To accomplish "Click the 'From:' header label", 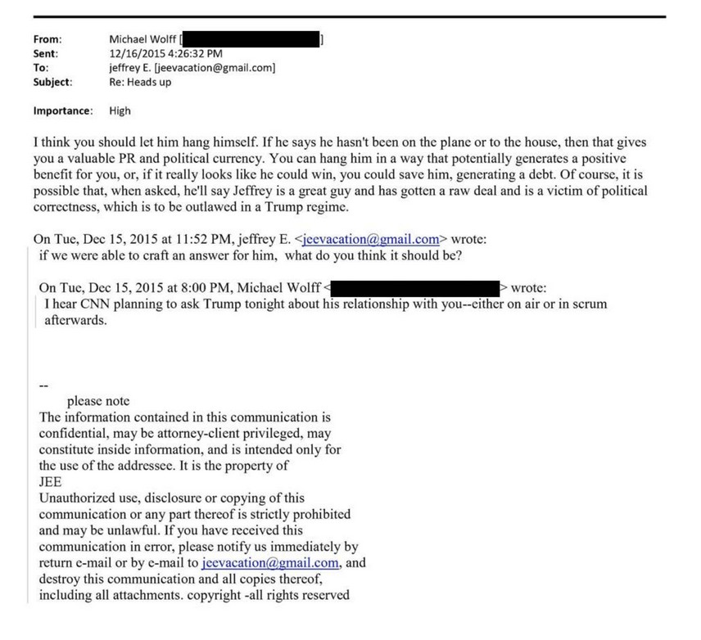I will pyautogui.click(x=47, y=38).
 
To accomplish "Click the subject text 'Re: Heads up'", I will pyautogui.click(x=140, y=83).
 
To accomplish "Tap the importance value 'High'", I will pyautogui.click(x=120, y=110).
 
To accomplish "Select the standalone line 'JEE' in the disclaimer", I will pyautogui.click(x=51, y=482).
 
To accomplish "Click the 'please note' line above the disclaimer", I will pyautogui.click(x=97, y=401).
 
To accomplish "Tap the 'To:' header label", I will pyautogui.click(x=40, y=68).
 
